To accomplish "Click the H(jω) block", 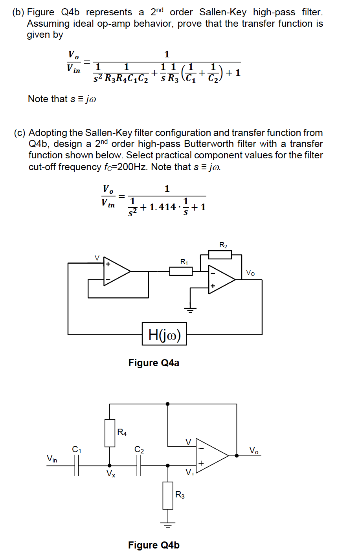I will pyautogui.click(x=164, y=334).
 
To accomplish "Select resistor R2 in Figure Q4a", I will pyautogui.click(x=220, y=255).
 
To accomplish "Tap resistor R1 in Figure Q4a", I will pyautogui.click(x=181, y=271).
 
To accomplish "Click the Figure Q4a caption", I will pyautogui.click(x=154, y=363).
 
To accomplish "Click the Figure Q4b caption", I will pyautogui.click(x=154, y=545).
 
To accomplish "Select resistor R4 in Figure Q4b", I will pyautogui.click(x=110, y=433).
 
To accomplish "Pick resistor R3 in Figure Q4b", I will pyautogui.click(x=168, y=495).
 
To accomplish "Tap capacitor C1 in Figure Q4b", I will pyautogui.click(x=77, y=466).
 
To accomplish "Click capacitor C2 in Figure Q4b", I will pyautogui.click(x=139, y=466).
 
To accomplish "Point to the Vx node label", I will pyautogui.click(x=111, y=474).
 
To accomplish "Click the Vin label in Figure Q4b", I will pyautogui.click(x=52, y=459).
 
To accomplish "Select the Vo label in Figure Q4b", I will pyautogui.click(x=254, y=450).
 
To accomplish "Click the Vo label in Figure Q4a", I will pyautogui.click(x=250, y=273).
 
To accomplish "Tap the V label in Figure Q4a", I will pyautogui.click(x=97, y=258).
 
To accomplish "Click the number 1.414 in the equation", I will pyautogui.click(x=163, y=207).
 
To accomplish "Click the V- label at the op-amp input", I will pyautogui.click(x=189, y=442).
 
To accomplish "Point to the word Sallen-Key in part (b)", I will pyautogui.click(x=223, y=12).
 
